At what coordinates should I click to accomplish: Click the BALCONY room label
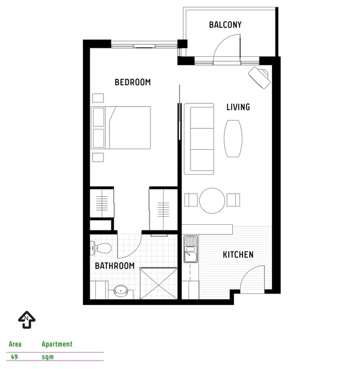[x=225, y=25]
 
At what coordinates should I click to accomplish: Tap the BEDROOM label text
[x=132, y=82]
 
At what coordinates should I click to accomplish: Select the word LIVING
[x=238, y=107]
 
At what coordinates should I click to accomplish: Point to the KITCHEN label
[x=238, y=255]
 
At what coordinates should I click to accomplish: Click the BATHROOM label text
[x=115, y=266]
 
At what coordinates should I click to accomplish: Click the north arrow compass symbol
[x=27, y=320]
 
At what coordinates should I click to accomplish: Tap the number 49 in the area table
[x=14, y=357]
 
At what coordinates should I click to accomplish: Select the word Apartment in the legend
[x=57, y=344]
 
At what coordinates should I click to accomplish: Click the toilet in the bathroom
[x=101, y=248]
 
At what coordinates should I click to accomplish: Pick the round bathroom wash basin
[x=121, y=291]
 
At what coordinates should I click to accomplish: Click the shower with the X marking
[x=158, y=283]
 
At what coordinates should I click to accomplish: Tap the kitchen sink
[x=191, y=249]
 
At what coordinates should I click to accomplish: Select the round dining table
[x=212, y=200]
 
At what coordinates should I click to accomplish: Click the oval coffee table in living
[x=233, y=139]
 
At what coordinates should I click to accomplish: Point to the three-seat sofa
[x=199, y=139]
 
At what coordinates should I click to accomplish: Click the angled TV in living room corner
[x=259, y=77]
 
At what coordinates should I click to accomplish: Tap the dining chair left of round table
[x=191, y=200]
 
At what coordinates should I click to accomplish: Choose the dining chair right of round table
[x=233, y=200]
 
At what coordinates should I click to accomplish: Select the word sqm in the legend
[x=48, y=357]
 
